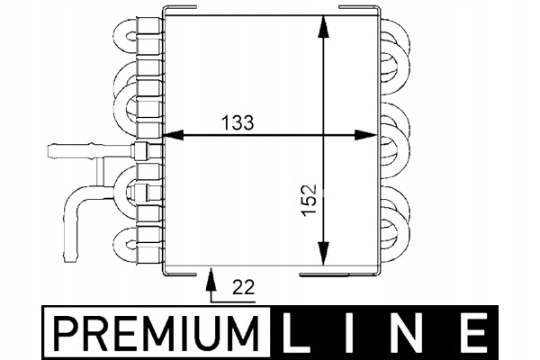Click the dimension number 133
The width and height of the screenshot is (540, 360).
click(x=236, y=121)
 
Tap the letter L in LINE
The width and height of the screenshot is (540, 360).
click(x=302, y=332)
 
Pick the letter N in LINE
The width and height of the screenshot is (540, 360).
click(x=414, y=332)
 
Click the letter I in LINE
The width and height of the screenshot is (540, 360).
click(x=358, y=332)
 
